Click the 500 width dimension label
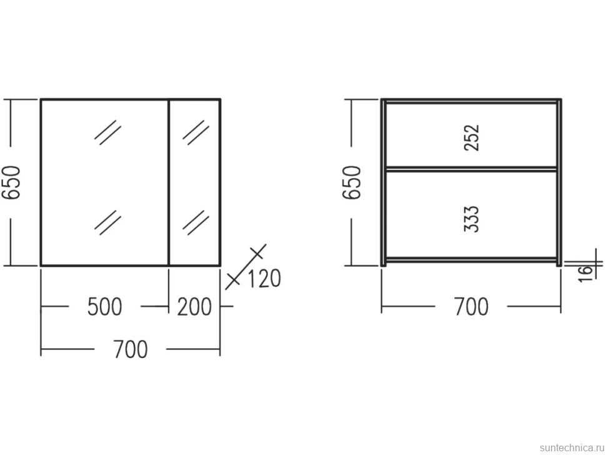(x=104, y=306)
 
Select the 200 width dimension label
(x=194, y=306)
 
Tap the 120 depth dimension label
(x=264, y=278)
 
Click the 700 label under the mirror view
(x=131, y=349)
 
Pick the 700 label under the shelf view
(x=471, y=306)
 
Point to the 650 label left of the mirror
(x=11, y=182)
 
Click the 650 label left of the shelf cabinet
(x=352, y=182)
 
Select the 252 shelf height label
(x=472, y=137)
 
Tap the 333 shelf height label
(x=472, y=219)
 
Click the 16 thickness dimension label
(x=585, y=273)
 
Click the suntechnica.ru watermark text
(x=572, y=447)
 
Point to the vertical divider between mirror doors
(x=169, y=182)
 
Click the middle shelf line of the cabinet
(x=472, y=169)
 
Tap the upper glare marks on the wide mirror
(x=108, y=132)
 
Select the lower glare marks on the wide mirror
(x=108, y=222)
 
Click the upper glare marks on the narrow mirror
(x=196, y=132)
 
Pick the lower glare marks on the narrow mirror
(x=196, y=222)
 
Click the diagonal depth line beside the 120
(x=246, y=266)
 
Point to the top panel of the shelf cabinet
(x=472, y=101)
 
